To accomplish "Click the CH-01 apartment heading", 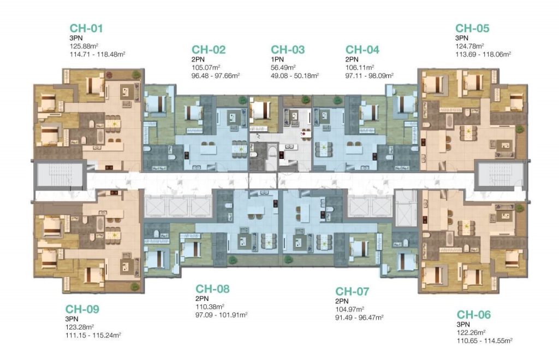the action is [86, 28].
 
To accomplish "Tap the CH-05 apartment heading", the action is [472, 28].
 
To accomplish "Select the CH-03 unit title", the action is [288, 50].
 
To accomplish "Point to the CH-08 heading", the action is [212, 288].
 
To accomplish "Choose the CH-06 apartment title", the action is [474, 314].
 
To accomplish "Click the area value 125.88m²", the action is [84, 46].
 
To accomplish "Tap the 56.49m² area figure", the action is [283, 67].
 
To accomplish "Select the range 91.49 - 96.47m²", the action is [359, 317].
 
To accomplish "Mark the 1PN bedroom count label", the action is [277, 59].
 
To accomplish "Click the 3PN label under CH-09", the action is [72, 319].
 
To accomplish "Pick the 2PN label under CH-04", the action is [352, 59].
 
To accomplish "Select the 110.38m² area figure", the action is [210, 306].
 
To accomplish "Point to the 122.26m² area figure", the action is [471, 332].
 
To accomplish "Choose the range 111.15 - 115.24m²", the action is [93, 335].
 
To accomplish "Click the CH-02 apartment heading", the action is [209, 50].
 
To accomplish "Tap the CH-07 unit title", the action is [352, 292].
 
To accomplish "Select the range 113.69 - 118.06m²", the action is [484, 54].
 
